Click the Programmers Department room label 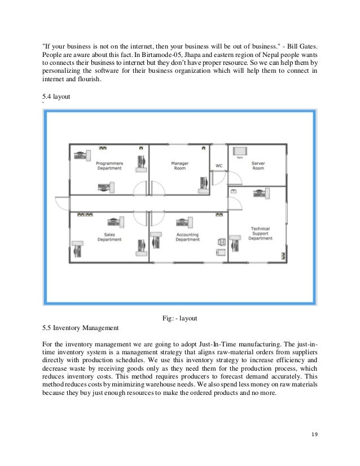109,166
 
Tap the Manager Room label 179,166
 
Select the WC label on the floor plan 219,166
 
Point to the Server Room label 258,166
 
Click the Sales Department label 109,236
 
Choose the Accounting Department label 187,236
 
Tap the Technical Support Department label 260,234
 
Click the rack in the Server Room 240,151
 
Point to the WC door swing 236,179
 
